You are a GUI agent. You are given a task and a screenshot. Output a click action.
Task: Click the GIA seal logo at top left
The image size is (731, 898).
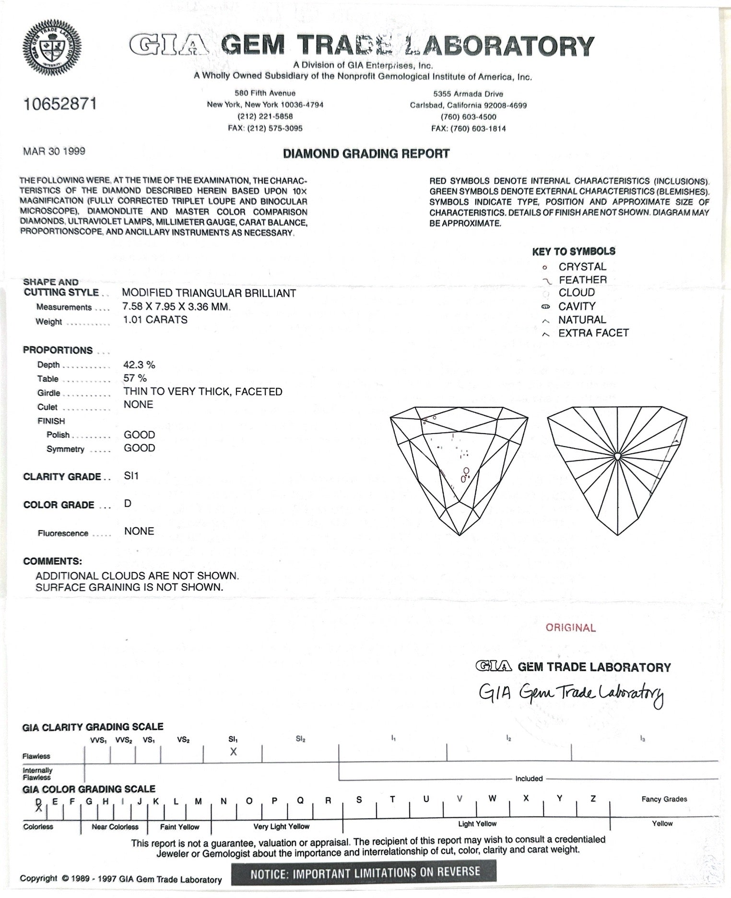(x=53, y=47)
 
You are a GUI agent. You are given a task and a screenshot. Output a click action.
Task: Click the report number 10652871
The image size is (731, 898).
(x=60, y=104)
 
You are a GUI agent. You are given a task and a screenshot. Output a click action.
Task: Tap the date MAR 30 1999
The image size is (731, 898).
(x=54, y=151)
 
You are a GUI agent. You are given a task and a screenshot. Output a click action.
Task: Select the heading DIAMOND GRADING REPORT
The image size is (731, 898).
(x=366, y=154)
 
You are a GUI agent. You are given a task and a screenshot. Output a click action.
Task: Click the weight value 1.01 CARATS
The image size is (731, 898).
(x=155, y=319)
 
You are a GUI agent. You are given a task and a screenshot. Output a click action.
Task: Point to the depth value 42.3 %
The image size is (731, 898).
(x=139, y=365)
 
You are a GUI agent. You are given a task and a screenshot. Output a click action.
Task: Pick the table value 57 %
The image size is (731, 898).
(x=135, y=378)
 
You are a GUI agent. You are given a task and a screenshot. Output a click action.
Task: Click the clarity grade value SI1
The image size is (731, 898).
(x=131, y=476)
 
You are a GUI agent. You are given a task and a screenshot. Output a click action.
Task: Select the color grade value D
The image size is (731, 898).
(x=128, y=504)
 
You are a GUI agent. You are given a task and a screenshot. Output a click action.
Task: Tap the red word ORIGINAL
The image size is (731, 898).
(x=570, y=627)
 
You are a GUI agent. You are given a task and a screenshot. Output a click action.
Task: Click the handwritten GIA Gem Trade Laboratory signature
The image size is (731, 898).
(x=571, y=693)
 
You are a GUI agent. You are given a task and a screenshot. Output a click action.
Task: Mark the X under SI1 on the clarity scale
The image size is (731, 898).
(x=233, y=752)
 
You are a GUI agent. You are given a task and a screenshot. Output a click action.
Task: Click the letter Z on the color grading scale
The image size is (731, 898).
(x=593, y=799)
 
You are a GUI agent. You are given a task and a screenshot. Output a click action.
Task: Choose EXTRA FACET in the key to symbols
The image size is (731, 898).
(x=593, y=333)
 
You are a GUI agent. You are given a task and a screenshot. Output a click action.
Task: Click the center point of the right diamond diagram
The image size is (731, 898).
(x=618, y=455)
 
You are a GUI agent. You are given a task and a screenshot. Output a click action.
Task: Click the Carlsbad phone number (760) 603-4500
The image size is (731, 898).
(x=468, y=117)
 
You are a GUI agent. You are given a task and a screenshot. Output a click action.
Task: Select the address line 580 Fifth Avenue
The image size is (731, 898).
(x=265, y=93)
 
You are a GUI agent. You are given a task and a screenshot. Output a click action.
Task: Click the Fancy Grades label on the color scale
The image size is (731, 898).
(x=664, y=799)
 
